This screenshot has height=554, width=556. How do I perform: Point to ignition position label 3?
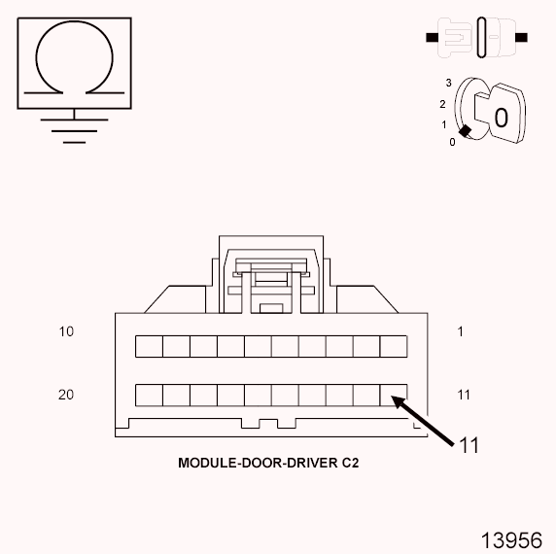coord(449,83)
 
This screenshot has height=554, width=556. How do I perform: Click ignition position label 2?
coord(443,104)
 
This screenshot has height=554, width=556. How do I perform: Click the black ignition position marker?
coord(466,131)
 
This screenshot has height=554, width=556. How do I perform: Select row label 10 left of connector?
coord(66,331)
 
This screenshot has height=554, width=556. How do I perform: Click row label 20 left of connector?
coord(66,395)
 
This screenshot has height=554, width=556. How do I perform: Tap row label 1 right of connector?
coord(461,331)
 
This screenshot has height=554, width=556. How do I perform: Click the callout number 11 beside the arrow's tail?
coord(469,446)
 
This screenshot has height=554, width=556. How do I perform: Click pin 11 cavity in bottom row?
coord(393,395)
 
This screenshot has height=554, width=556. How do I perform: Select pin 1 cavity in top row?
coord(393,346)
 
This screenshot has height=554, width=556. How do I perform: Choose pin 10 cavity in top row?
coord(148,346)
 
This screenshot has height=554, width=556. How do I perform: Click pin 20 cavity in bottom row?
coord(148,395)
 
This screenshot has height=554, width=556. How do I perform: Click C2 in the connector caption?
coord(352,463)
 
